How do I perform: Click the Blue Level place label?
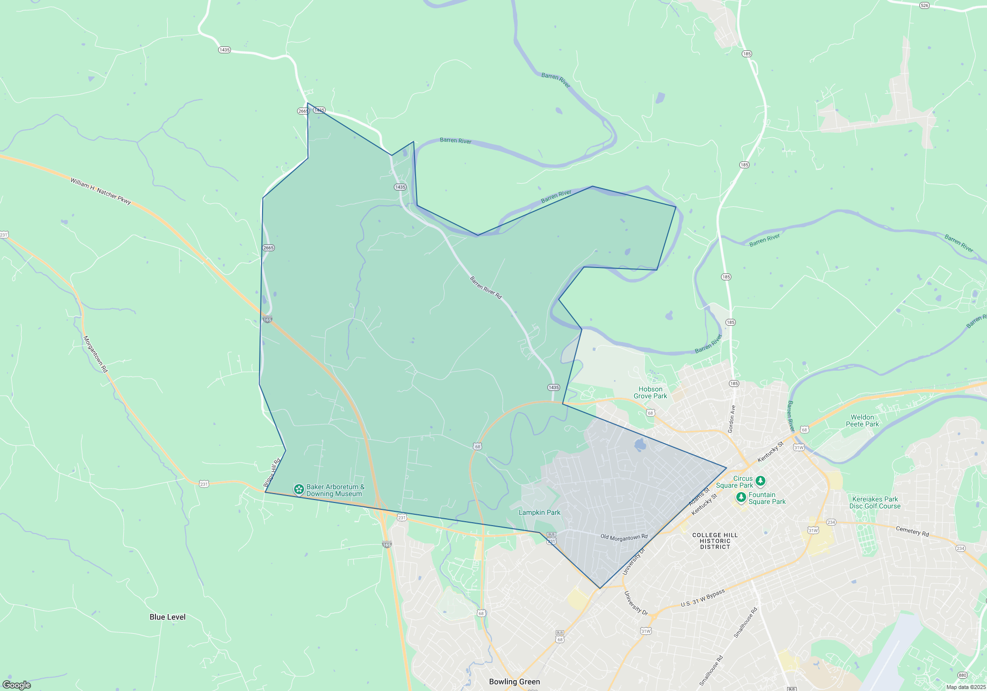pyautogui.click(x=167, y=617)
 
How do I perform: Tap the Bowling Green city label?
pyautogui.click(x=514, y=682)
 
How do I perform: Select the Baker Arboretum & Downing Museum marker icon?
pyautogui.click(x=299, y=489)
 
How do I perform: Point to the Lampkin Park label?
pyautogui.click(x=539, y=512)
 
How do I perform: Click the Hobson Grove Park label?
pyautogui.click(x=650, y=392)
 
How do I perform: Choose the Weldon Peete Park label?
pyautogui.click(x=862, y=421)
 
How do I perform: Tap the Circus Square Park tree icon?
pyautogui.click(x=760, y=480)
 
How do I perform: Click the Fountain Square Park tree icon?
pyautogui.click(x=741, y=497)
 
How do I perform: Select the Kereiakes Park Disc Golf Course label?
pyautogui.click(x=875, y=502)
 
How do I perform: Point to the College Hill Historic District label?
pyautogui.click(x=715, y=541)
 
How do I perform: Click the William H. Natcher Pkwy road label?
pyautogui.click(x=101, y=191)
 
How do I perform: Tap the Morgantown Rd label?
pyautogui.click(x=95, y=354)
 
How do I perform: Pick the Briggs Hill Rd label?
pyautogui.click(x=272, y=472)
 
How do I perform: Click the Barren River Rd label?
pyautogui.click(x=486, y=287)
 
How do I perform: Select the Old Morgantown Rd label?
pyautogui.click(x=624, y=537)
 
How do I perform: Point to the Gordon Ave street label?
pyautogui.click(x=732, y=419)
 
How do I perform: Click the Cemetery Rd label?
pyautogui.click(x=912, y=531)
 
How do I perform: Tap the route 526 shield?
pyautogui.click(x=924, y=5)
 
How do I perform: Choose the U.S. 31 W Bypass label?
pyautogui.click(x=703, y=598)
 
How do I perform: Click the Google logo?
pyautogui.click(x=17, y=685)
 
